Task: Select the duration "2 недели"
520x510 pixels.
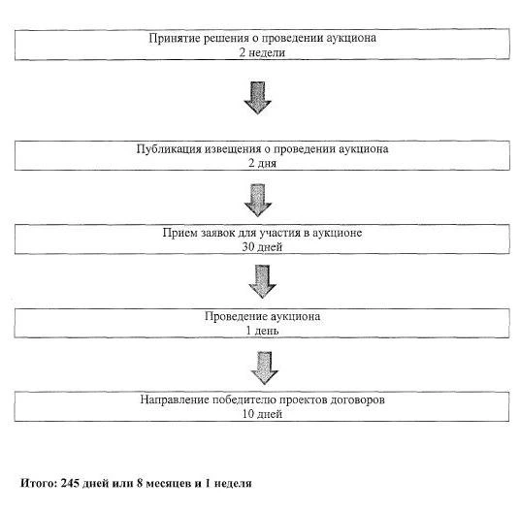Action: click(262, 52)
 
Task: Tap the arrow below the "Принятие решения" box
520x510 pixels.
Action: click(258, 98)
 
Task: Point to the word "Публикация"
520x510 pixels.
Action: click(169, 149)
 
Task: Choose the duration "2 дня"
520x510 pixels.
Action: click(262, 163)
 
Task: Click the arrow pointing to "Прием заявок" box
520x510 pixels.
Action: click(258, 201)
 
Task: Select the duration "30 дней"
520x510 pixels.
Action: click(262, 247)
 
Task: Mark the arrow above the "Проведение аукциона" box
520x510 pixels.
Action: click(262, 281)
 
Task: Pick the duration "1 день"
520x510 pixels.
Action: click(262, 331)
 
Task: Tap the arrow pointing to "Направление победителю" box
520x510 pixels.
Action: click(265, 368)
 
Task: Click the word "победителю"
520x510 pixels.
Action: click(244, 400)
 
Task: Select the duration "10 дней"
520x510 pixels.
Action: click(262, 414)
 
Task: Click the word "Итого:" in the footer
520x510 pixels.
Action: click(39, 483)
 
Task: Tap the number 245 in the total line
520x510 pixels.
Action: click(70, 483)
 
